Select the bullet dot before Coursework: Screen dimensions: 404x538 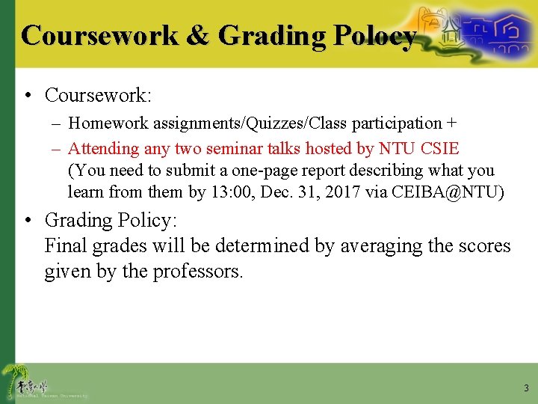[x=28, y=96]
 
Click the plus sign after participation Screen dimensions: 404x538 [x=451, y=123]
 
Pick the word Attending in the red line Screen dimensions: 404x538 [x=104, y=148]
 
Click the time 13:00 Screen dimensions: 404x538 [x=232, y=192]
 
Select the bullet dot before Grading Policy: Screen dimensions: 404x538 [x=28, y=221]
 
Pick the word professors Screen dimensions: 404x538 [x=198, y=271]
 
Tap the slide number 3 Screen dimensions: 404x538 [x=526, y=388]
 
